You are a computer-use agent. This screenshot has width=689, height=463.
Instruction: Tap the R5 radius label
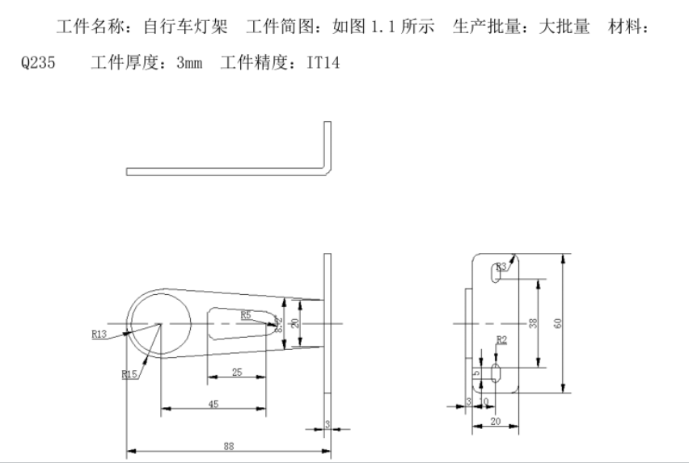click(x=247, y=314)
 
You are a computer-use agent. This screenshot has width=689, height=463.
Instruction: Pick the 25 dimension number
click(x=236, y=372)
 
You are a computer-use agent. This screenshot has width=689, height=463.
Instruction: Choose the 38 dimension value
click(x=532, y=323)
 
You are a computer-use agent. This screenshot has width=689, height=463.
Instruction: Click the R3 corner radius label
click(x=501, y=265)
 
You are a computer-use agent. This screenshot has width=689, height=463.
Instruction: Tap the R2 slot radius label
click(x=501, y=340)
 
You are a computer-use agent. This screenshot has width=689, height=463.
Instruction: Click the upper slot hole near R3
click(x=494, y=276)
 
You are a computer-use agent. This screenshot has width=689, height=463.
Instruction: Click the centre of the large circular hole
click(x=160, y=324)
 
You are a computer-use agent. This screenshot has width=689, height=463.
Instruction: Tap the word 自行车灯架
click(x=179, y=27)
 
